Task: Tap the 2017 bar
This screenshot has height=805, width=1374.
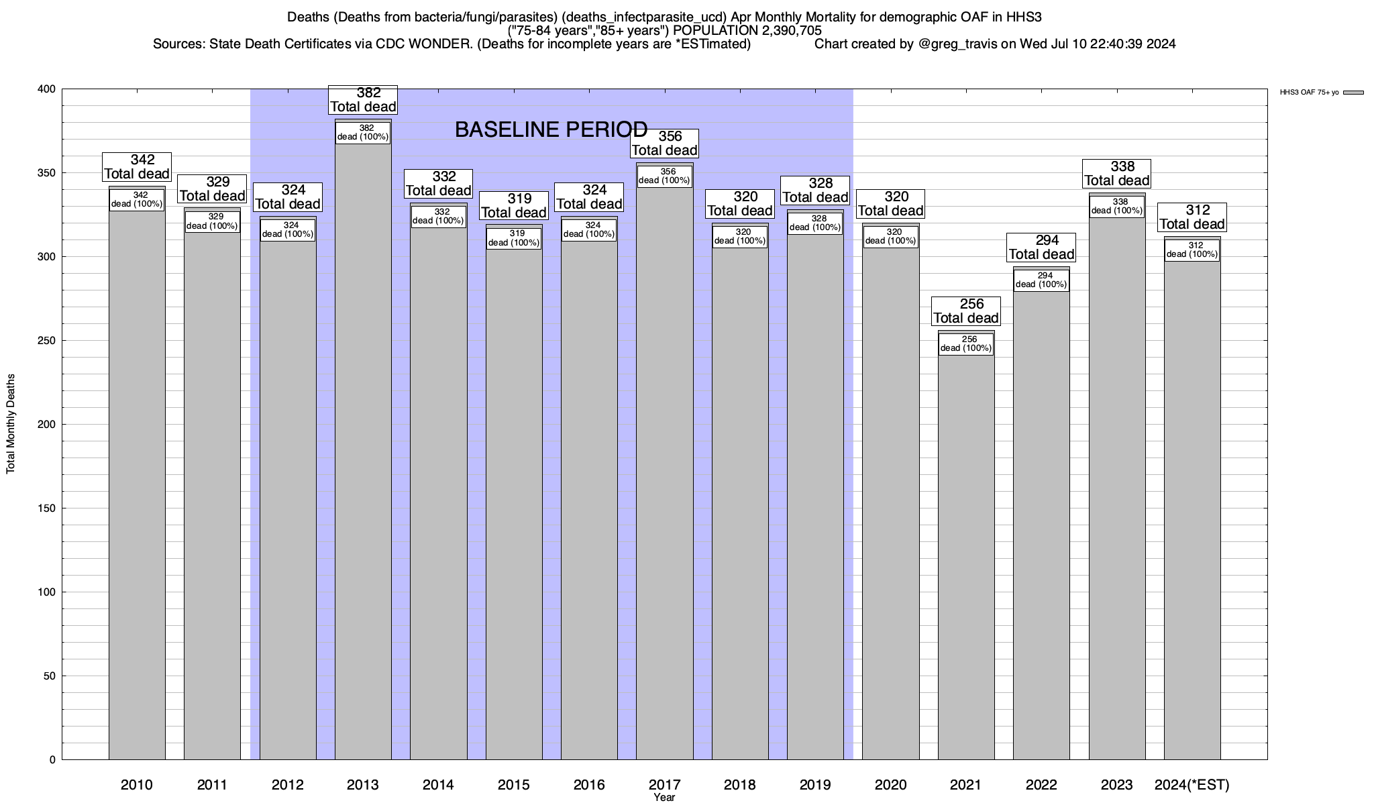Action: [664, 470]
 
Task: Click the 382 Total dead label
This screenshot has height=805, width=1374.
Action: [363, 100]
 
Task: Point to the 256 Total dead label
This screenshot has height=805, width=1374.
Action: [965, 311]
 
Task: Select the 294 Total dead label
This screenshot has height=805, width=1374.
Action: [1041, 248]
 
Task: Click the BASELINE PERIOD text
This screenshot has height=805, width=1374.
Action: [551, 129]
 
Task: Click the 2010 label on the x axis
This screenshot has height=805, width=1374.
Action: [137, 785]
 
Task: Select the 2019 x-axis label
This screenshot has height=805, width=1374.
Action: [815, 785]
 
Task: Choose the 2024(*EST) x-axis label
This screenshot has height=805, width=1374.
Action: [1192, 785]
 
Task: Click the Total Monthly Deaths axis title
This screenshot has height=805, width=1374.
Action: [11, 424]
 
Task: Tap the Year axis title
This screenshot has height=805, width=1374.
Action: [664, 798]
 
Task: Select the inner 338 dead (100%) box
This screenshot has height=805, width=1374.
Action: [1116, 206]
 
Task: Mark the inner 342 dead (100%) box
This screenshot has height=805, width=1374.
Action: [137, 199]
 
